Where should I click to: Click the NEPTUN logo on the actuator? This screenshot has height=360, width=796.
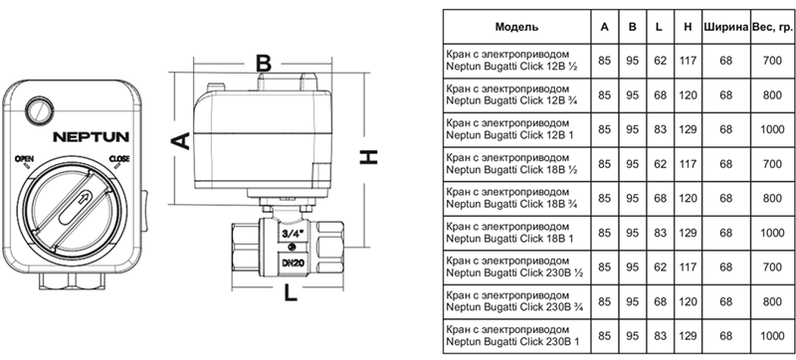click(x=92, y=137)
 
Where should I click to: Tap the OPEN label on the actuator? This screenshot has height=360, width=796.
click(x=24, y=159)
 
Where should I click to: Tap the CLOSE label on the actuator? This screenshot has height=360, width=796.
click(x=119, y=159)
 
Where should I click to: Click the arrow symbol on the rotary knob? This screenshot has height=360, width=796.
click(x=85, y=199)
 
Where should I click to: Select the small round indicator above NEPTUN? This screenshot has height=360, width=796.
click(x=40, y=109)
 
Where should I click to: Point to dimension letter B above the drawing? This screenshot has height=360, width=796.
click(x=263, y=64)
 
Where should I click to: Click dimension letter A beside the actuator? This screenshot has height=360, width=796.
click(x=182, y=141)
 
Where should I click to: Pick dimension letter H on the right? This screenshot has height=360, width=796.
click(x=369, y=157)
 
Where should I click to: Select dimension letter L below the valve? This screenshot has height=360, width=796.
click(x=290, y=292)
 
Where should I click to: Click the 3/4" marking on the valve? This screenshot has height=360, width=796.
click(x=292, y=235)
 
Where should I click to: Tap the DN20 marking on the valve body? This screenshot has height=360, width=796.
click(x=292, y=264)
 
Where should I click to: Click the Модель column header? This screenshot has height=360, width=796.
click(x=516, y=27)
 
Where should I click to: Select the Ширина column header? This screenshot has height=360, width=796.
click(x=726, y=27)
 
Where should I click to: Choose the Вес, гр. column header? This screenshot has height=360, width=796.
click(x=772, y=27)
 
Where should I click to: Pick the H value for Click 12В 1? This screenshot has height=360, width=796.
click(x=688, y=130)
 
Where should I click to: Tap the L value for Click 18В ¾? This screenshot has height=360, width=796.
click(x=660, y=198)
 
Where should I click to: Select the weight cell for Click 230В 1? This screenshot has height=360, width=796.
click(x=772, y=336)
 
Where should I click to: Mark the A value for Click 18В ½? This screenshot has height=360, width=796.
click(x=605, y=164)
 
